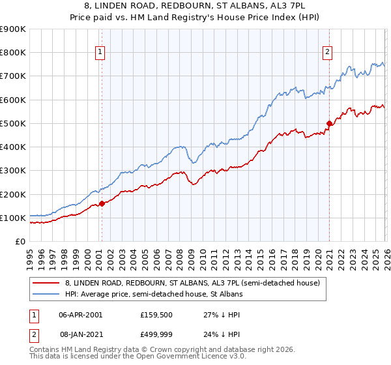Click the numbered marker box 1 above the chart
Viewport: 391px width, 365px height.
pyautogui.click(x=101, y=53)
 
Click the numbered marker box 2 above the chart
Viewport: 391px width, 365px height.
pyautogui.click(x=326, y=53)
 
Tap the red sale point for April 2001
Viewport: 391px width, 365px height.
pyautogui.click(x=102, y=203)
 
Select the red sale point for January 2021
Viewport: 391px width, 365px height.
pyautogui.click(x=329, y=123)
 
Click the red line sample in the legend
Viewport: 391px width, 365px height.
pyautogui.click(x=46, y=284)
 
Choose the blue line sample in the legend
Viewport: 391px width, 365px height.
pyautogui.click(x=46, y=295)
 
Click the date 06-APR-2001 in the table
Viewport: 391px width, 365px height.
pyautogui.click(x=80, y=314)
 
